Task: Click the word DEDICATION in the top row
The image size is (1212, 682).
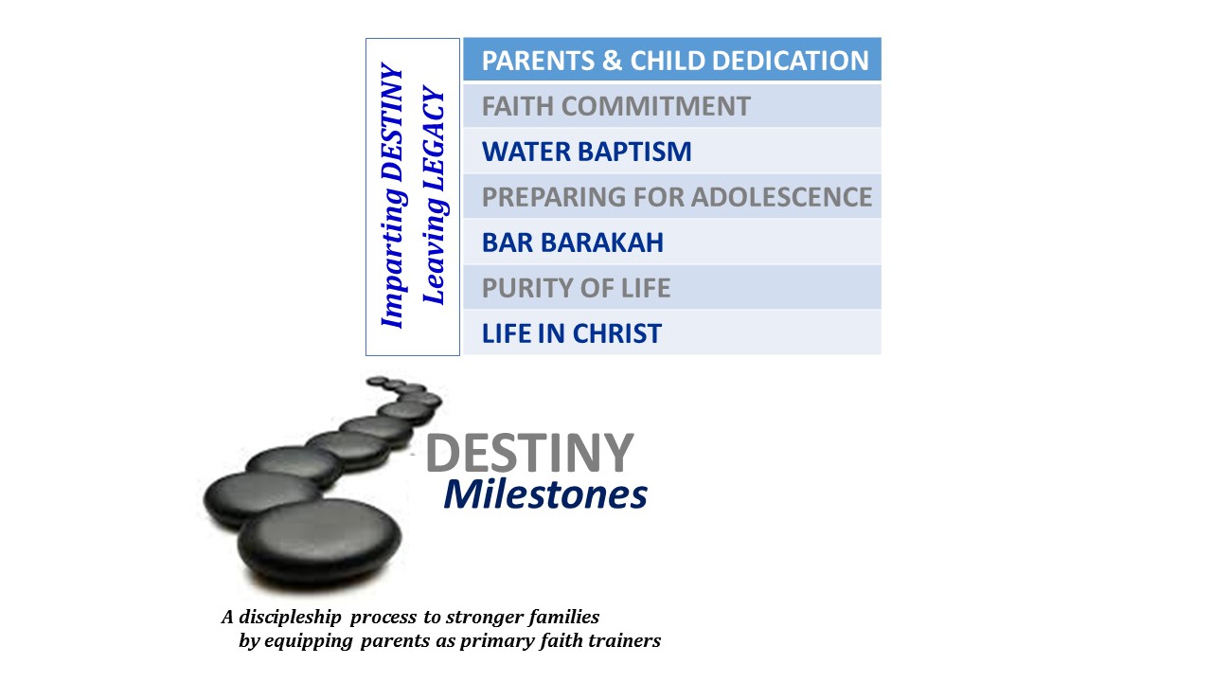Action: point(791,61)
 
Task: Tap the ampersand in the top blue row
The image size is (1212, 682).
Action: point(612,61)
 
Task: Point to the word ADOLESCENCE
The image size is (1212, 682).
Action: point(781,197)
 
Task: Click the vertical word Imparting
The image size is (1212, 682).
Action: point(393,257)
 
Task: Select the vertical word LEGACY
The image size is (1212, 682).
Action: point(434,137)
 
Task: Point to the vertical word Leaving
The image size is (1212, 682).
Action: point(434,250)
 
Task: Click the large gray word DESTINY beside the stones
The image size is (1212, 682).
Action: point(529,453)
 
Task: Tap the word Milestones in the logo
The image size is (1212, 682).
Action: point(545,494)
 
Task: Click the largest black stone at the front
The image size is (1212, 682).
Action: point(319,543)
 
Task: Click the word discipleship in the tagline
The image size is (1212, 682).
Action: point(290,617)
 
